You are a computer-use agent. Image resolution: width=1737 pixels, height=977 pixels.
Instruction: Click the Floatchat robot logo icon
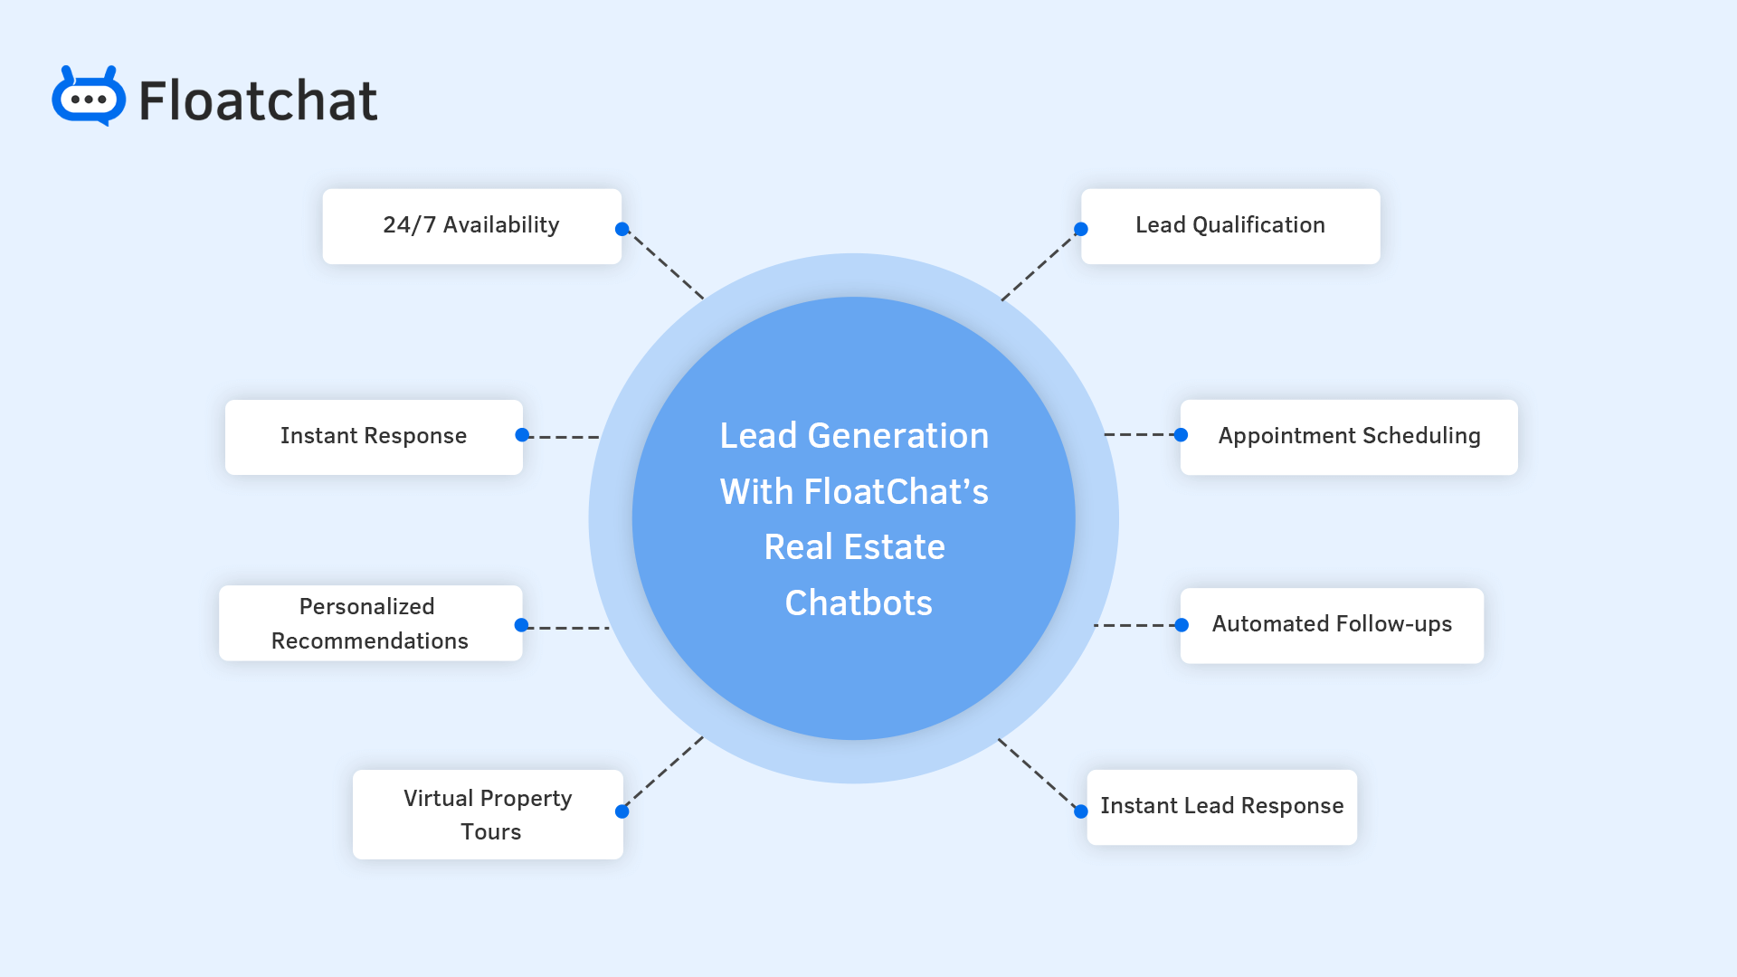click(89, 97)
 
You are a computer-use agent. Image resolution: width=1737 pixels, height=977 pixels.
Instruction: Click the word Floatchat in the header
click(258, 100)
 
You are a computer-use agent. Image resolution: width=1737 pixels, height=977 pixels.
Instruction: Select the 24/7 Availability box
click(471, 226)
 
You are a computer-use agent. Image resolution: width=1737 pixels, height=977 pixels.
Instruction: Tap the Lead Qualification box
click(1229, 226)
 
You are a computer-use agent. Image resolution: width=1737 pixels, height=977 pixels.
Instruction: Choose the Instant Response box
click(374, 437)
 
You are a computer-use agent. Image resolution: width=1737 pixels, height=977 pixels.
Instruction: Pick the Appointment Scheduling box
click(1348, 437)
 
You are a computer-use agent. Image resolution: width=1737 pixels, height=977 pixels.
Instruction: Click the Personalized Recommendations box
click(370, 623)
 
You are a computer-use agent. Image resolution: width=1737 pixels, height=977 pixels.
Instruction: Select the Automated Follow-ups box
click(1331, 625)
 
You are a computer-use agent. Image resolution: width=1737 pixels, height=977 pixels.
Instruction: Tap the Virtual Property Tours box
click(488, 814)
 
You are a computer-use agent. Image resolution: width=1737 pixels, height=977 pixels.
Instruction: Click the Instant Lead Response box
click(1221, 807)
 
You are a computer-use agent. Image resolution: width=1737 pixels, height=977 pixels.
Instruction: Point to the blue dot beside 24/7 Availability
click(622, 229)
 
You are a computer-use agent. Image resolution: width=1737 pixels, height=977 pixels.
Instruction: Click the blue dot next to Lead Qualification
click(1081, 229)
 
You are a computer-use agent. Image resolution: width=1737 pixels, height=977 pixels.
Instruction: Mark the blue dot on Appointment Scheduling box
click(1181, 435)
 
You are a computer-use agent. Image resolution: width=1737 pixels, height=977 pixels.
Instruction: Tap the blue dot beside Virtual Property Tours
click(622, 811)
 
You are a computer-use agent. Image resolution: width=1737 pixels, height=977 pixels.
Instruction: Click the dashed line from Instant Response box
click(563, 437)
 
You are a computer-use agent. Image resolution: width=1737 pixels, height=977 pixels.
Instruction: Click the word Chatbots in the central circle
click(858, 603)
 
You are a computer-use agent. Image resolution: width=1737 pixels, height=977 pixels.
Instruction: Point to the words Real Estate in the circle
click(854, 547)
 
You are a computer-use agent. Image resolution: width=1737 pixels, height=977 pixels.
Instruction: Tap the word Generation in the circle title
click(897, 436)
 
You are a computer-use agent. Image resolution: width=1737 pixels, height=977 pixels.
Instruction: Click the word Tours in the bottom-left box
click(490, 832)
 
